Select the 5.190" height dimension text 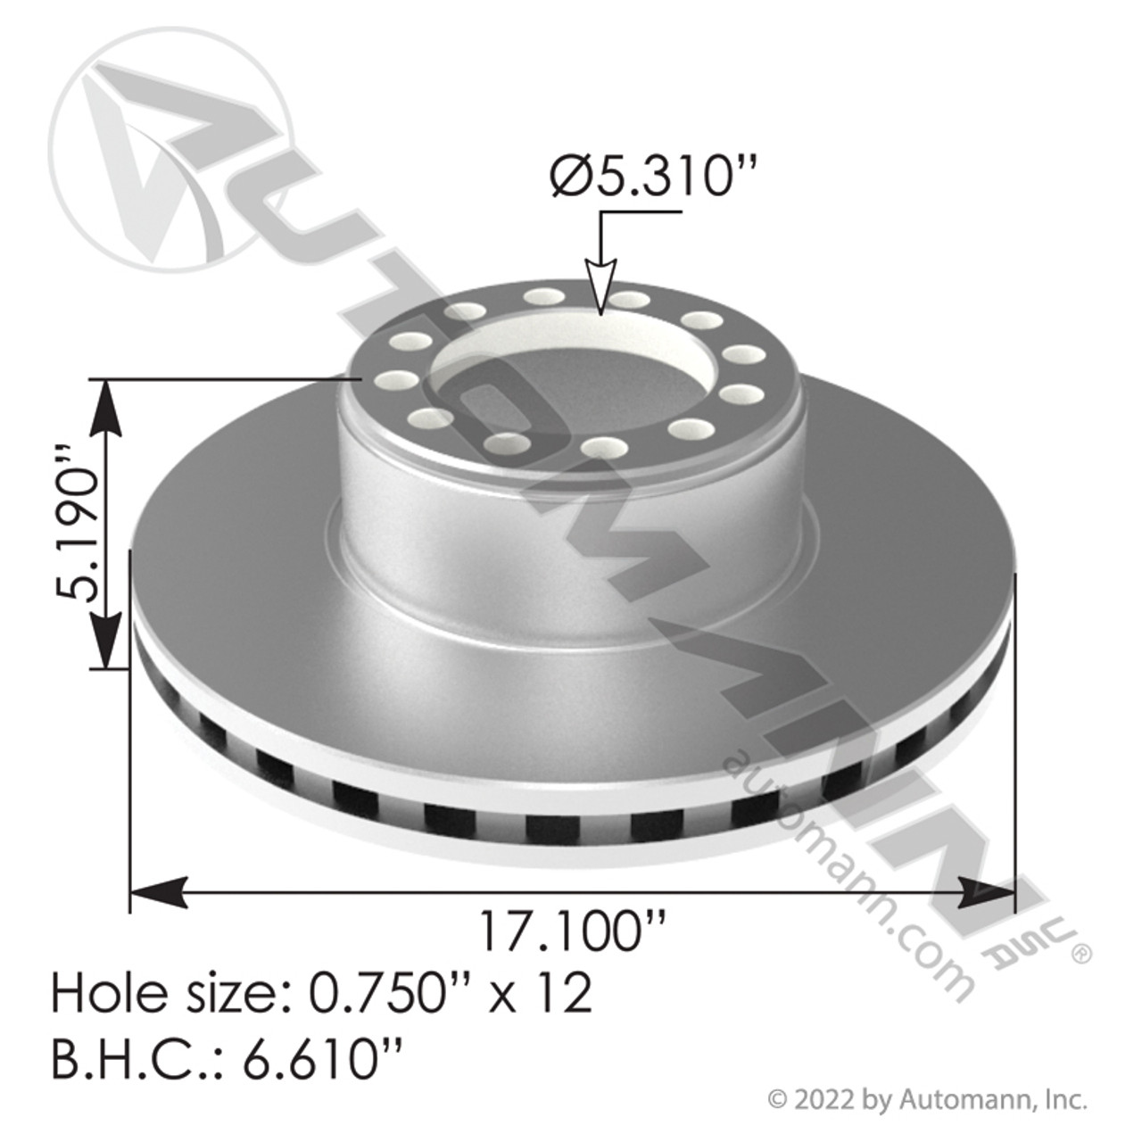pos(87,527)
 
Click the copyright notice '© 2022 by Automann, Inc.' pos(928,1100)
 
